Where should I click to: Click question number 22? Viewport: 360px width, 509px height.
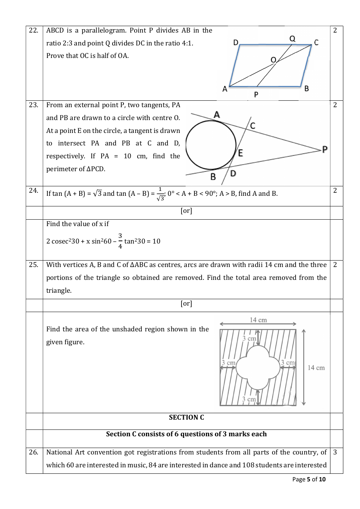[x=33, y=30]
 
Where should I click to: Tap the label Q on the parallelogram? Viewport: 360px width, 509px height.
[x=292, y=39]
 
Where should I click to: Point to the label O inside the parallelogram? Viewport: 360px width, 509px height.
[x=273, y=60]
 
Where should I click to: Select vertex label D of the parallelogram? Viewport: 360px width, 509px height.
[x=236, y=42]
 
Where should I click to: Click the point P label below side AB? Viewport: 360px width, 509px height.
[x=256, y=94]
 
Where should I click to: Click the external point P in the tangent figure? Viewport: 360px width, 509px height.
[x=325, y=149]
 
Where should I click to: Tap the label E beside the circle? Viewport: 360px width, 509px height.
[x=240, y=153]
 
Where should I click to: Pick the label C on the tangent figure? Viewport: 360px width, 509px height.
[x=253, y=126]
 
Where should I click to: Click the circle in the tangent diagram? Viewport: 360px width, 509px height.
[x=211, y=145]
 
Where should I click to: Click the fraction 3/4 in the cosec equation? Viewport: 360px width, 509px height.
[x=120, y=241]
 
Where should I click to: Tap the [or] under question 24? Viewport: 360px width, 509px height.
[x=186, y=211]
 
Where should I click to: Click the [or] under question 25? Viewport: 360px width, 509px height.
[x=186, y=304]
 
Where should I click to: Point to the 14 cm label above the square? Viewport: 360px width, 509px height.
[x=258, y=320]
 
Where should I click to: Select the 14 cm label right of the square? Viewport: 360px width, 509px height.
[x=316, y=368]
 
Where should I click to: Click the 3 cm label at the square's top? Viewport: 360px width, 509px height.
[x=249, y=338]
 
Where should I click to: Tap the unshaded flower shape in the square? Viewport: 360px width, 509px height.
[x=258, y=368]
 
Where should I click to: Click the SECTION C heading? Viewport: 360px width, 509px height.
[x=186, y=417]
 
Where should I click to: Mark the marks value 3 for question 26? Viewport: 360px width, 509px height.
[x=335, y=452]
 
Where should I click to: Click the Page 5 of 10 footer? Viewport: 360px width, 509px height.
[x=309, y=479]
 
